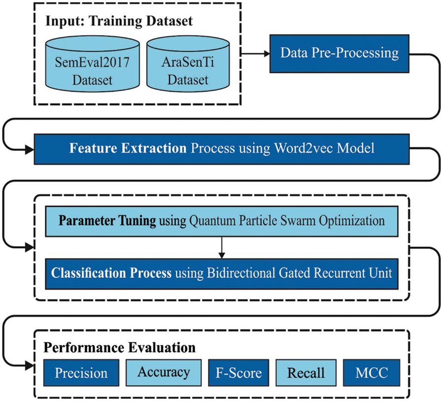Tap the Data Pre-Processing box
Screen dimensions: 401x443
coord(339,53)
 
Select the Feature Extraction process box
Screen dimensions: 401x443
coord(221,148)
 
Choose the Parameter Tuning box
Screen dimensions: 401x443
coord(221,221)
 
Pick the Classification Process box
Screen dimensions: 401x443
coord(221,272)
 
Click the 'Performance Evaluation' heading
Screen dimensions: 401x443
coord(120,347)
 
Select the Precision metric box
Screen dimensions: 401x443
coord(81,373)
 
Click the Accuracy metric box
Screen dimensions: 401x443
coord(163,372)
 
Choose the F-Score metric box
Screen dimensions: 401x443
coord(238,373)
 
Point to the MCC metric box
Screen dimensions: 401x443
coord(372,373)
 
